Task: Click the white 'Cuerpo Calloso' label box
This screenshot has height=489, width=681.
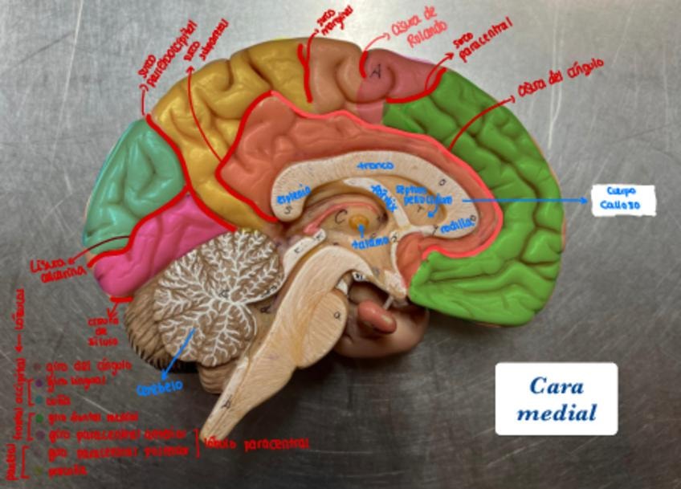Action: coord(622,200)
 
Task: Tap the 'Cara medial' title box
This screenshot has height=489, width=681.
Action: coord(556,399)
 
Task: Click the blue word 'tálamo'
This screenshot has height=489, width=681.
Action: coord(369,241)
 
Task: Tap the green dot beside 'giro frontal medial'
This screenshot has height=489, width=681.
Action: coord(38,418)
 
